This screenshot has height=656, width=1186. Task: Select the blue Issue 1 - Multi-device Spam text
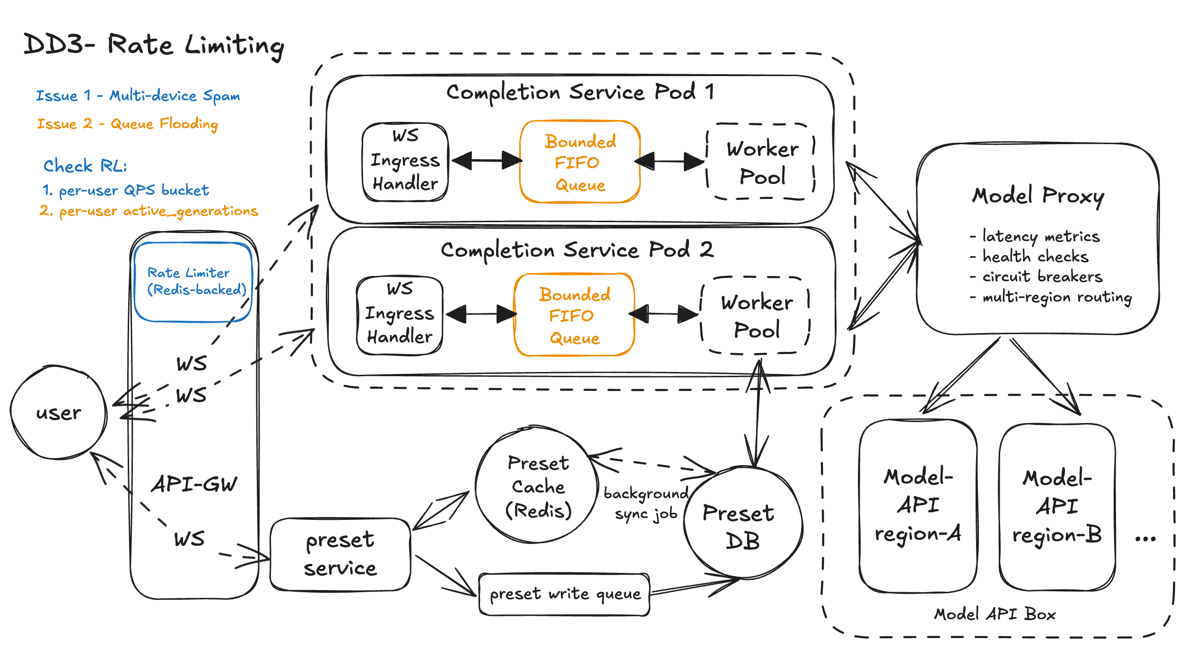coord(138,95)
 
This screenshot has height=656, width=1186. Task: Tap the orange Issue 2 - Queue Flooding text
coord(127,124)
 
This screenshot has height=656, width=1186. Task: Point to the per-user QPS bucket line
coord(126,190)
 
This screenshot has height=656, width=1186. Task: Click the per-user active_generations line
coord(149,211)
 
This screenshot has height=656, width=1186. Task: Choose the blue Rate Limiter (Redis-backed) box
coord(193,282)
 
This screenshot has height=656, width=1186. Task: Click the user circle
coord(59,413)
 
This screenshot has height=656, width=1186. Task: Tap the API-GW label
coord(194,484)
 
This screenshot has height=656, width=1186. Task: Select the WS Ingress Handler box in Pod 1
coord(405,161)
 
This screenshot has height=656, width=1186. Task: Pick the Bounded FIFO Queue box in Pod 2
coord(574,315)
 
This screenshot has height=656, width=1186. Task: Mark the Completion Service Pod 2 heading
coord(577,250)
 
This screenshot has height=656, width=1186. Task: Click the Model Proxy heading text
coord(1038,196)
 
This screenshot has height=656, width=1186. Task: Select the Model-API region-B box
coord(1057,507)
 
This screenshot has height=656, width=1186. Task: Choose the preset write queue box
coord(565,595)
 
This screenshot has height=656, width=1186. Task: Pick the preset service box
coord(340,554)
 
